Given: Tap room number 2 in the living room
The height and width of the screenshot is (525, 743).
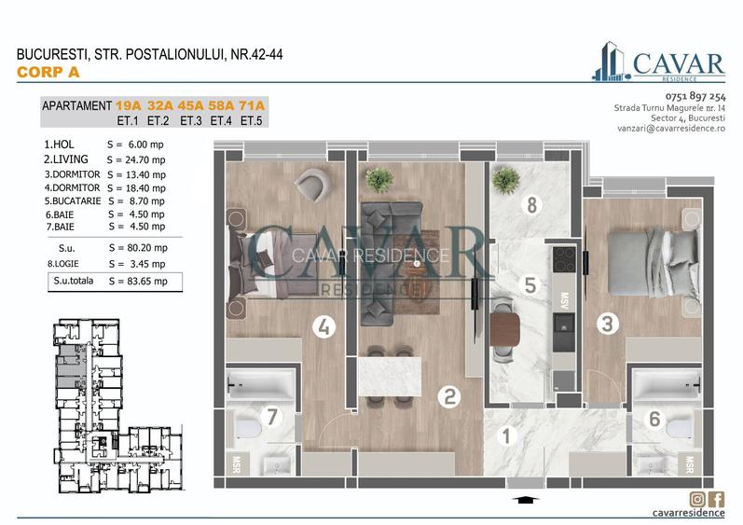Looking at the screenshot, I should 449,397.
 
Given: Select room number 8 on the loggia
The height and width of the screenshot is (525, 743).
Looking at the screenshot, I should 531,205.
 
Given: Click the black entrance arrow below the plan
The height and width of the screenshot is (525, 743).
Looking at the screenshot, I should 525,500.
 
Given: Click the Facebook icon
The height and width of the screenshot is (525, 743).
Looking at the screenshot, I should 717,499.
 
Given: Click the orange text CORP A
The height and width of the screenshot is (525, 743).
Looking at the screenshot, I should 42,72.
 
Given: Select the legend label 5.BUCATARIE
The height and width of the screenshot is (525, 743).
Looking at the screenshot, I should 73,200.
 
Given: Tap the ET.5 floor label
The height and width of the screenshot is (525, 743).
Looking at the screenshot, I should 252,120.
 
